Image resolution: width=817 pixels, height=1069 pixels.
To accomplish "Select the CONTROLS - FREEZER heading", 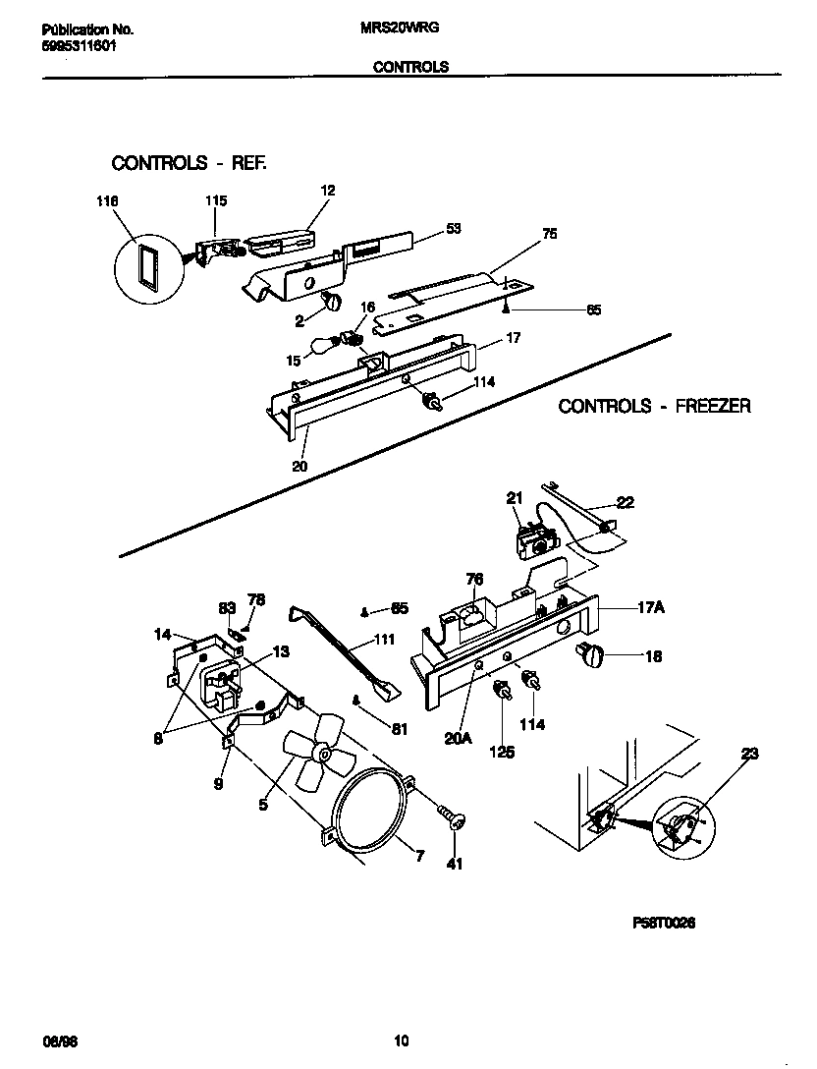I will [x=654, y=406].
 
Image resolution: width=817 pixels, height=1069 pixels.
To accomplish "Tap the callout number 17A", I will [x=652, y=608].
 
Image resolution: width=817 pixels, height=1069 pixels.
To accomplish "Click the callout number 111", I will [x=385, y=640].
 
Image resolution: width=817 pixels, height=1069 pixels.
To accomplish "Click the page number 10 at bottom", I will [x=401, y=1041].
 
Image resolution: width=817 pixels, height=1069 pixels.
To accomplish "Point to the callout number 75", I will [x=550, y=235].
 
